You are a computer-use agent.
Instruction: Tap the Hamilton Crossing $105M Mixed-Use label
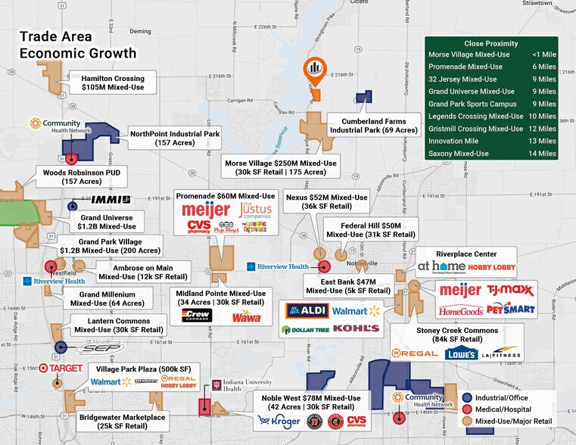113,83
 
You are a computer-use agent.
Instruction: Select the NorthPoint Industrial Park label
175,139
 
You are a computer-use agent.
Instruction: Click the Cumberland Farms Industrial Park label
373,126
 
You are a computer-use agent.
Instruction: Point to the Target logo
60,369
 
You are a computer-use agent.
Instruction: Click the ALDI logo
307,310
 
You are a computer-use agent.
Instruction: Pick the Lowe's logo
461,353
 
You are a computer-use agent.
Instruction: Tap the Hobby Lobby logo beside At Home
492,267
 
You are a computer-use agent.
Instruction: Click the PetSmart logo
510,309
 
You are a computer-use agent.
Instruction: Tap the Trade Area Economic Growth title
78,45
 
